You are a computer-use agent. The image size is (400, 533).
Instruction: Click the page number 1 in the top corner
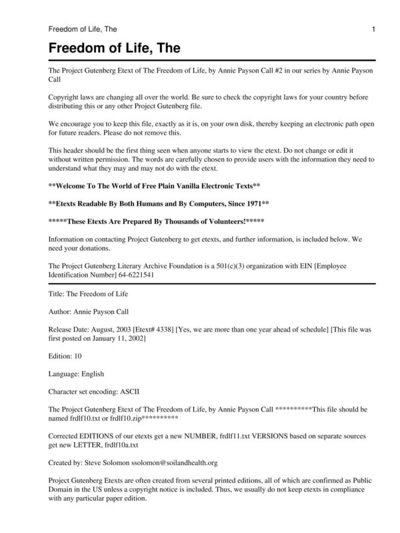(374, 29)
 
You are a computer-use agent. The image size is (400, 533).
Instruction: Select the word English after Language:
(91, 374)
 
